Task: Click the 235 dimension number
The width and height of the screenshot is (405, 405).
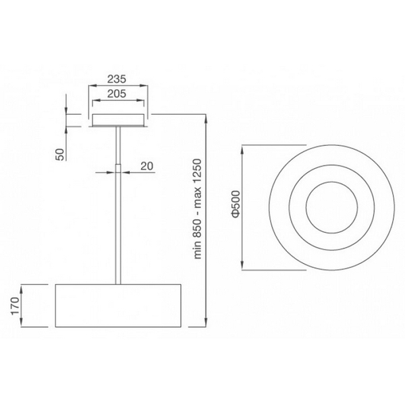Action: [119, 78]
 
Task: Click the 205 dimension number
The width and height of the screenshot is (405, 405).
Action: [119, 94]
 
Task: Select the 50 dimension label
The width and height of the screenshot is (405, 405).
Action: [60, 153]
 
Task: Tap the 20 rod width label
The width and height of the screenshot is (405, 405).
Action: [147, 165]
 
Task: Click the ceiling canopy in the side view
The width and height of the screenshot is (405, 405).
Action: [119, 120]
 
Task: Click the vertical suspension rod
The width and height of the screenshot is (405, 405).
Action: [119, 223]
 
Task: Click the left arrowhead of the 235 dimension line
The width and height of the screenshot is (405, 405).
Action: [91, 86]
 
